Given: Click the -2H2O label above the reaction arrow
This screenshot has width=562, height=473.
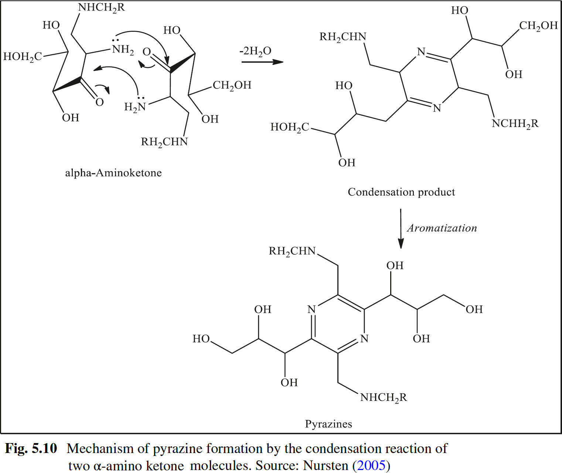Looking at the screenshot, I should pos(255,51).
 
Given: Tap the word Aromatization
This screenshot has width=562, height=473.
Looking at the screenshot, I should pos(442,228).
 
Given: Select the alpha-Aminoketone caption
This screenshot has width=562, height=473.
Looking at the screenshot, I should pos(113,173).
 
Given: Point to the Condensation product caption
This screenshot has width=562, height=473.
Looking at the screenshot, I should pos(401,192).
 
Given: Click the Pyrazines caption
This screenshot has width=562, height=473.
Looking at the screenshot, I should pos(328,424).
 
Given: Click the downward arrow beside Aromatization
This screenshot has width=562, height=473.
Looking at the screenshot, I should pos(401,229).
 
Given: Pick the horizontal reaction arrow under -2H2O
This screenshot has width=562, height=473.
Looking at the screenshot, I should pos(262,62).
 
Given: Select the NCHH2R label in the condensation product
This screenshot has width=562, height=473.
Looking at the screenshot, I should pos(515,124).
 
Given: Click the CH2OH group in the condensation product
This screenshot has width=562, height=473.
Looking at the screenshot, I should pos(538,26).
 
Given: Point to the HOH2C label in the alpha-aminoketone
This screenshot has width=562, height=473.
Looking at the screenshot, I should pos(23,57).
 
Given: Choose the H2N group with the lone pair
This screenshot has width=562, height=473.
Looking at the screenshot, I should pos(135,107).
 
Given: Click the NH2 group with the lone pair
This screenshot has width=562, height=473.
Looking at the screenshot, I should pos(123,50).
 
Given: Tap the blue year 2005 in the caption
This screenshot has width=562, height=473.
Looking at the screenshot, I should pos(371,465).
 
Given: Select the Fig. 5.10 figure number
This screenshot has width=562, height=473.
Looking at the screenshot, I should pos(31,449).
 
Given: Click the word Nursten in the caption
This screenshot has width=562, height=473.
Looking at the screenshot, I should pos(326,465).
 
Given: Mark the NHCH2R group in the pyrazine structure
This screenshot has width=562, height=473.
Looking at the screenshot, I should pos(384,398).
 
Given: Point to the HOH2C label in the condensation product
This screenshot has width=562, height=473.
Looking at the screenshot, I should pos(290,128).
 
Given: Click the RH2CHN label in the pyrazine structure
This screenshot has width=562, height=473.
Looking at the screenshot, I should pos(292,251).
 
